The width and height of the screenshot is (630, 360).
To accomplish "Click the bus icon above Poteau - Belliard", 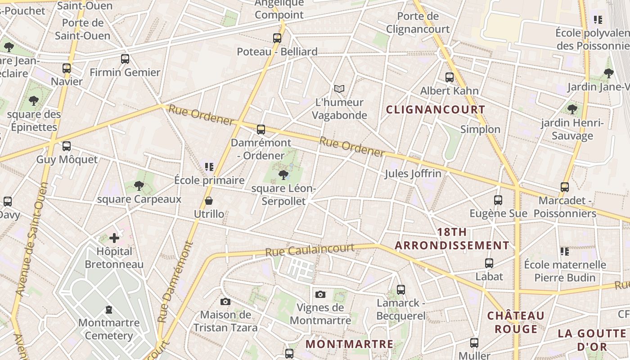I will click(x=277, y=38).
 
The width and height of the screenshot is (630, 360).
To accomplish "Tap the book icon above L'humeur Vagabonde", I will click(x=339, y=89).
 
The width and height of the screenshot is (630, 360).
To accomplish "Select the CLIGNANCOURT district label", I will click(x=436, y=109).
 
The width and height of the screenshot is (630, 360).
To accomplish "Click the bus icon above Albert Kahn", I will click(x=449, y=77).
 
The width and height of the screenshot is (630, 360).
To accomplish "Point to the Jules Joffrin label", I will click(x=413, y=174).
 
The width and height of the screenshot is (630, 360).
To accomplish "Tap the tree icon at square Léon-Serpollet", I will click(x=283, y=175).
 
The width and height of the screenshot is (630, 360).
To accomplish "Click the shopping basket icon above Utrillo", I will click(x=209, y=201).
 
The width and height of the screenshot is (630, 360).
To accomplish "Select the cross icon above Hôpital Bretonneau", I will click(x=114, y=238).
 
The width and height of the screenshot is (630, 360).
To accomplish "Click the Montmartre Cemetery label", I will click(x=109, y=329).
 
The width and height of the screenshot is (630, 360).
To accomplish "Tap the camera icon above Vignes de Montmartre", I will click(x=320, y=295).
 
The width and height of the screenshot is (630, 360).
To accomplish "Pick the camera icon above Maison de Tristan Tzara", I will click(x=225, y=301).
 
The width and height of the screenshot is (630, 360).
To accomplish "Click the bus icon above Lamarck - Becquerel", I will click(x=401, y=290).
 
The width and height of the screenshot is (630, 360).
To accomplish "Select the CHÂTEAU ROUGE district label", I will click(x=516, y=322).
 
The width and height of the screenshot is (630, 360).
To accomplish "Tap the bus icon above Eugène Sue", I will click(x=498, y=200).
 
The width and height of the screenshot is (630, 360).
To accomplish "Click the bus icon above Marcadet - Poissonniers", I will click(x=565, y=187).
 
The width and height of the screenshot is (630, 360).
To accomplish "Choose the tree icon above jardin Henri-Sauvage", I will click(x=572, y=109).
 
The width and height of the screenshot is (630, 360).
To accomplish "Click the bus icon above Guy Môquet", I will click(x=67, y=146).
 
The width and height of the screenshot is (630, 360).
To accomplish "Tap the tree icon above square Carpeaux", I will click(x=139, y=186).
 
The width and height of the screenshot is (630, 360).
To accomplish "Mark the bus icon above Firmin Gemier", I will click(x=125, y=59).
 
